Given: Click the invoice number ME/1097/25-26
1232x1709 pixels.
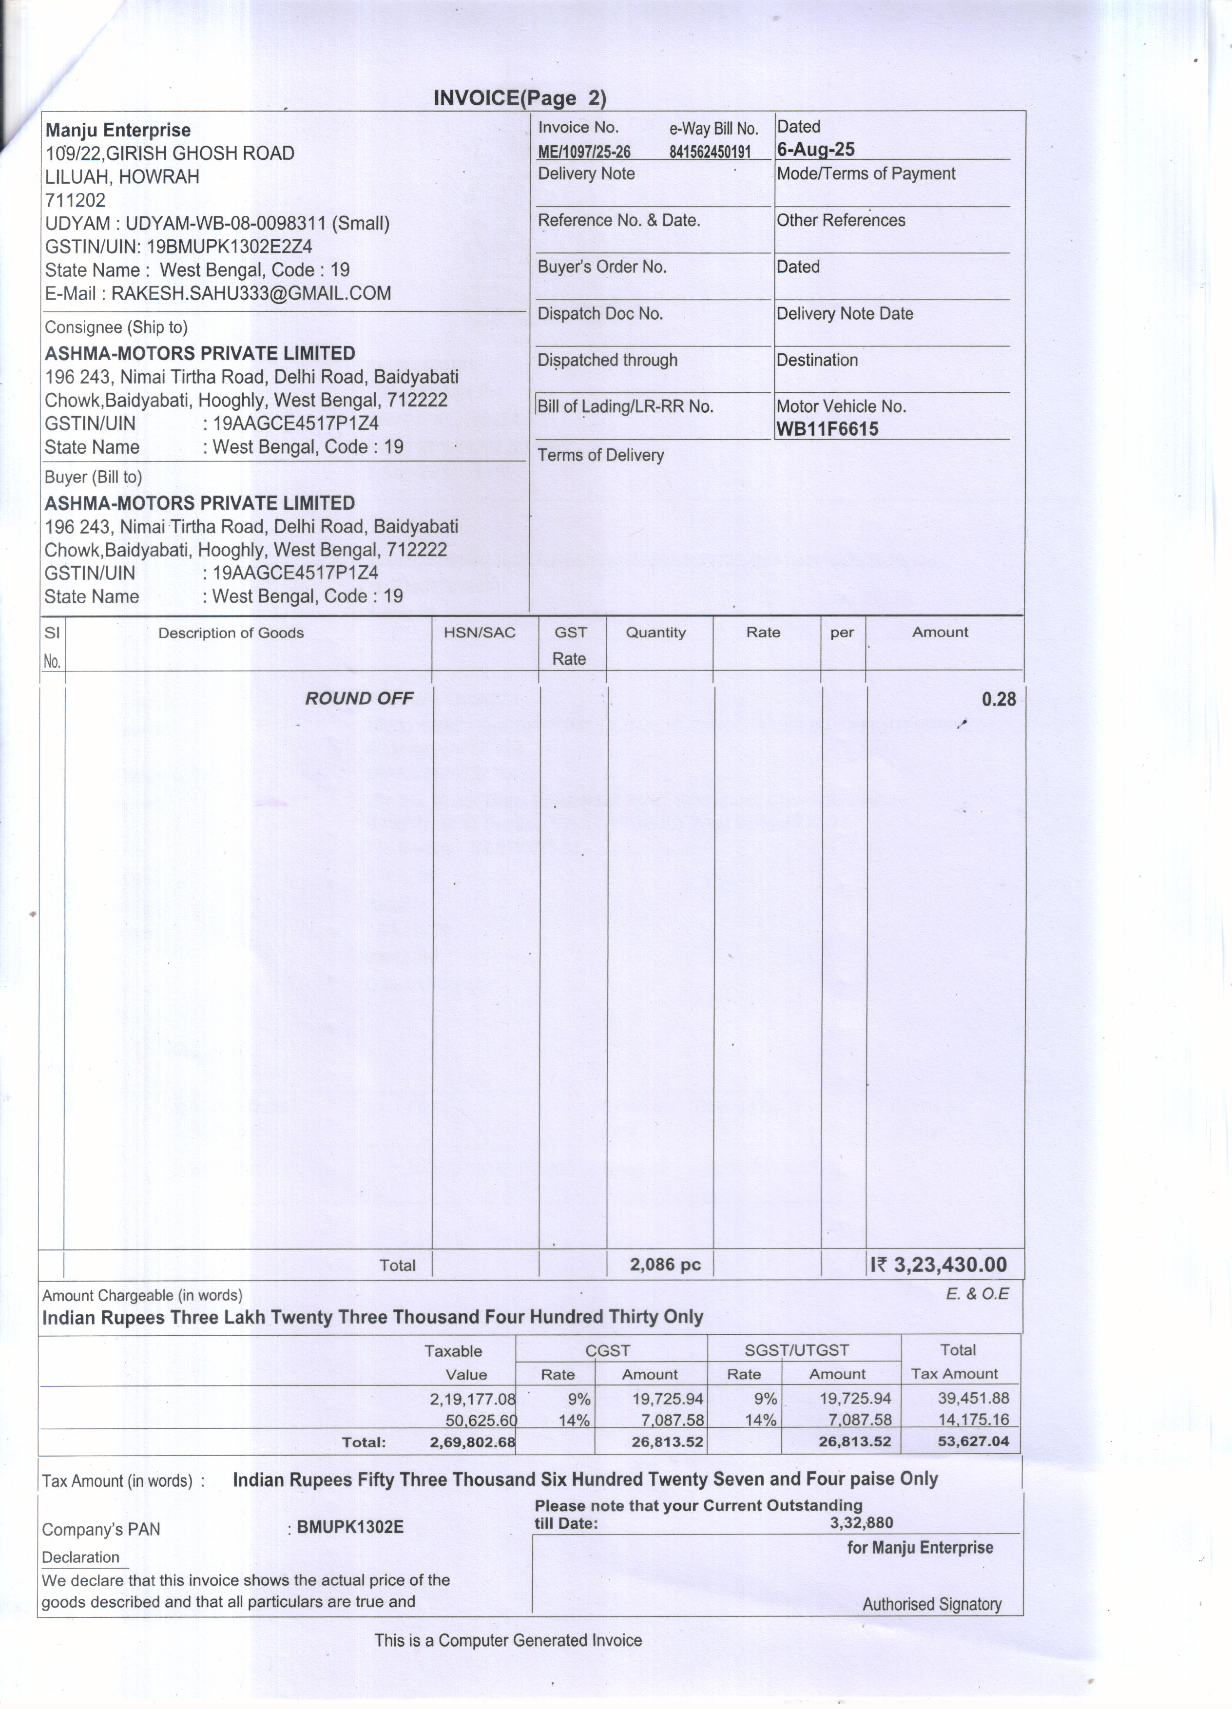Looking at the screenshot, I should point(584,152).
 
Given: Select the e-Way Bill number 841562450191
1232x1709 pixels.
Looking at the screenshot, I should point(710,152).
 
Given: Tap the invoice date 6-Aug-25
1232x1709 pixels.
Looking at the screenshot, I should point(815,149).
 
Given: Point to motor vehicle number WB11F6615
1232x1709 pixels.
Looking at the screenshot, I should point(828,429).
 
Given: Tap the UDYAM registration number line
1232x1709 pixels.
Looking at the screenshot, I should point(217,223).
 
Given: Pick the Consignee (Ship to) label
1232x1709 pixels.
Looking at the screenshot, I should point(116,327).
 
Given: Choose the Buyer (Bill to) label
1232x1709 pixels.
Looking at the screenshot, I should point(94,477).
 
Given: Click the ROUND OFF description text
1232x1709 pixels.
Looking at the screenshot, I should point(359,698).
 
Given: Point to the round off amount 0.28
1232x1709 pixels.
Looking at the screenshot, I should point(999,699).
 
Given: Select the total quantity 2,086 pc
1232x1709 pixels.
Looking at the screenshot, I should point(665,1265).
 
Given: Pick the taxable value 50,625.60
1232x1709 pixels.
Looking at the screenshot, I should point(481,1421).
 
